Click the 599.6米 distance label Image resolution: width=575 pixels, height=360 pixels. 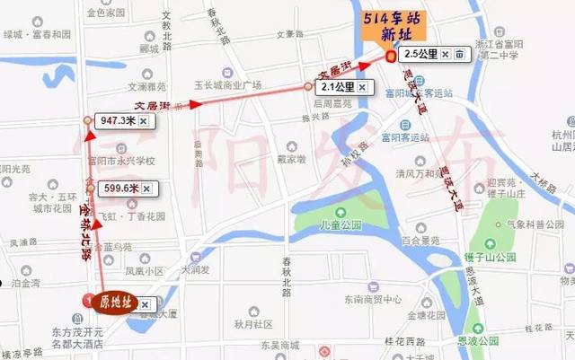click(119, 188)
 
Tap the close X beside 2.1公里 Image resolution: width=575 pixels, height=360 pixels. click(362, 87)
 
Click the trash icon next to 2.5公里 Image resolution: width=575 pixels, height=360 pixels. click(459, 54)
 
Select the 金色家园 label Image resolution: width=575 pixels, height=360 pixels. click(107, 14)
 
